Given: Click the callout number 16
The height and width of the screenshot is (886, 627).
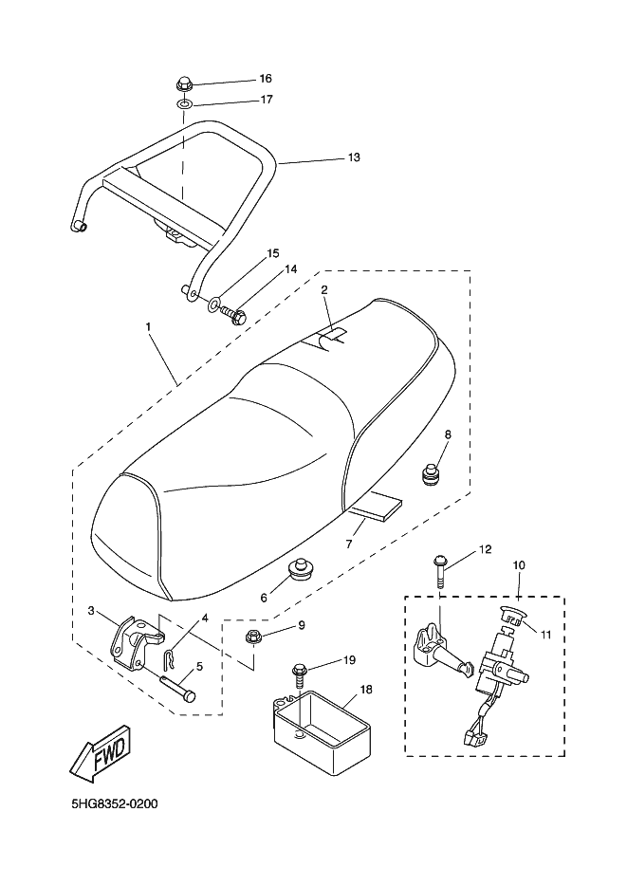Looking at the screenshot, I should tap(265, 78).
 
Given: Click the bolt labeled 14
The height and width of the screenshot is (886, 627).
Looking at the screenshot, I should tap(236, 317).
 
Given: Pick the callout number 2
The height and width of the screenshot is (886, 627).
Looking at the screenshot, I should tap(324, 289).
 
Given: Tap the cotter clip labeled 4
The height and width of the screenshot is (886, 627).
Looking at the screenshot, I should tap(169, 654).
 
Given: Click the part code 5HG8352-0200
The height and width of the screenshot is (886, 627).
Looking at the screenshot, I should tap(114, 804).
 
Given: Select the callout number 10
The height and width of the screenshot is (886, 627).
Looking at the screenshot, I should tap(519, 565).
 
